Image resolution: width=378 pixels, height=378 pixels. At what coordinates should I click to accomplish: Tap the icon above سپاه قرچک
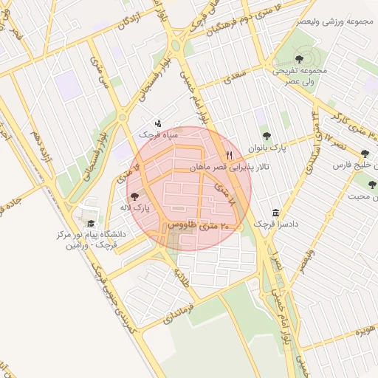(157, 123)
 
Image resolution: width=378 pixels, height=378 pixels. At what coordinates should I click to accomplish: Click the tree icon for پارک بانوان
(267, 136)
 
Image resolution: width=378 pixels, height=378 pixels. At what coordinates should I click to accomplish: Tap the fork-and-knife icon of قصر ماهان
(230, 155)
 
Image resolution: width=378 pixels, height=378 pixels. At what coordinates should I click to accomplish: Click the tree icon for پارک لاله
(134, 196)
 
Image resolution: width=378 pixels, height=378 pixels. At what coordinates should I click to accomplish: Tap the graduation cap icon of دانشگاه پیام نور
(91, 223)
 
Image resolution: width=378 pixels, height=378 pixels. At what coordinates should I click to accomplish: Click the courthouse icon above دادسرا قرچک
(275, 213)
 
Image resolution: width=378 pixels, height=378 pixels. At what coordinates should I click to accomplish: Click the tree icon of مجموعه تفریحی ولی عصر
(298, 58)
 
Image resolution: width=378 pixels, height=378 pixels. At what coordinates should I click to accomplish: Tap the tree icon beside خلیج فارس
(365, 154)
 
